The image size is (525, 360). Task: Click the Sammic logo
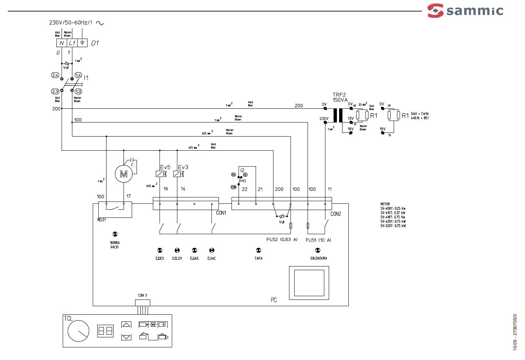point(465,10)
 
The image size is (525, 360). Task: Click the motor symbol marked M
point(124,174)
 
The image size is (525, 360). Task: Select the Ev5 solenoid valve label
point(165,167)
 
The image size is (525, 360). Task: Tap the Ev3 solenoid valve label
point(183,167)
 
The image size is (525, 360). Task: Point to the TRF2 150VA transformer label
point(339,97)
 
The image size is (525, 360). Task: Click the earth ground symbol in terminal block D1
point(82,43)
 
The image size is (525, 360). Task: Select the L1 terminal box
point(72,43)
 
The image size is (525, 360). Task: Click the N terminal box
point(62,43)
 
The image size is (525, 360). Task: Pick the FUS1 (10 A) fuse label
point(318,240)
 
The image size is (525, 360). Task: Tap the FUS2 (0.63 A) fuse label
point(282,239)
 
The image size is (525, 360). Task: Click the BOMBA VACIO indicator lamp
point(115,234)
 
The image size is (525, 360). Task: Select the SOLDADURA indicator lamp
point(318,251)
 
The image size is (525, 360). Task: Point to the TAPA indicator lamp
point(259,251)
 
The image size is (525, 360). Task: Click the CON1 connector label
point(221,213)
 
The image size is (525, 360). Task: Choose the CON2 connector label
point(335,214)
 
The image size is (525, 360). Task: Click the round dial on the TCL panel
point(78,331)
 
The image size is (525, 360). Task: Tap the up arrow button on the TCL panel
point(126,325)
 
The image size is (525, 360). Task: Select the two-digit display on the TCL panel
point(105,331)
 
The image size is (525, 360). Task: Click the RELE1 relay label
point(102,220)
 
